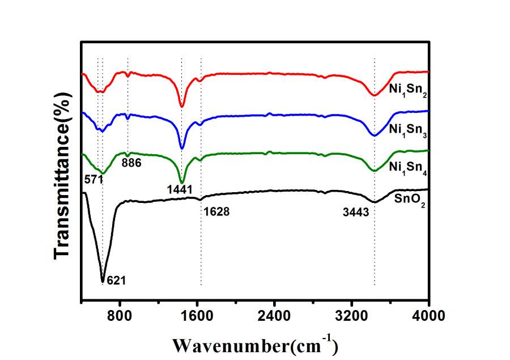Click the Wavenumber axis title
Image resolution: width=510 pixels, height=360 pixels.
pos(255,344)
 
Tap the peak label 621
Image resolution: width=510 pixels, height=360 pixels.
pos(116,279)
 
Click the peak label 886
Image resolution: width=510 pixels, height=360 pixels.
pos(131,163)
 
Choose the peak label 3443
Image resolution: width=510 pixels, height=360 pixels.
pos(356,213)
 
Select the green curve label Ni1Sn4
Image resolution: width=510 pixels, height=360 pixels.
pos(408,168)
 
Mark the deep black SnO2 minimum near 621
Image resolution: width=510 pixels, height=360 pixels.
pos(103,280)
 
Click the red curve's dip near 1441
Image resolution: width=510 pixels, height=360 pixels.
pos(182,105)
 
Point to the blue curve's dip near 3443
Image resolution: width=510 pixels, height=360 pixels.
pos(374,135)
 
